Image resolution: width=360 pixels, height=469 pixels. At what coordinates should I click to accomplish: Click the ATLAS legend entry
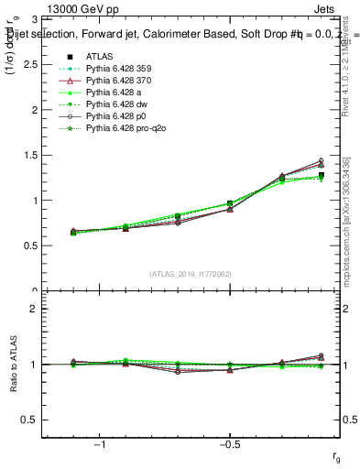coord(99,56)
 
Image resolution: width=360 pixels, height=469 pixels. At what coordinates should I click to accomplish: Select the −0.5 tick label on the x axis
coord(229,443)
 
